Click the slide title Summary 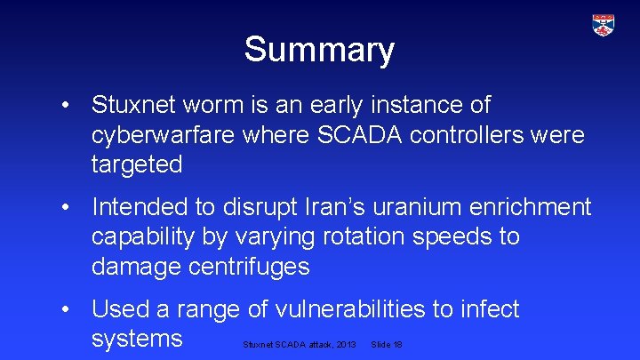coord(319,50)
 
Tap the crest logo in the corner coord(604,25)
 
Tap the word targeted coord(137,165)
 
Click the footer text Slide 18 coord(386,344)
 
